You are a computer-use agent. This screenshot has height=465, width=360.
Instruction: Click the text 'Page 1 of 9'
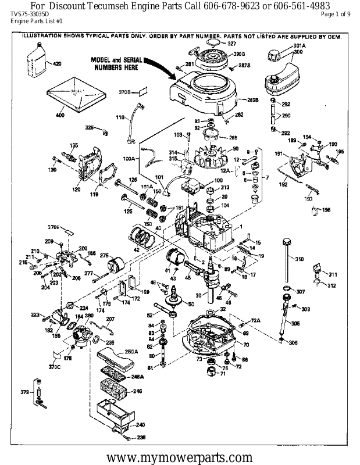(336, 14)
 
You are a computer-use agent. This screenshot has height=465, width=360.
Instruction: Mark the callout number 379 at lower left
(24, 393)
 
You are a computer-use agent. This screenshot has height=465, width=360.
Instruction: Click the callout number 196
(326, 210)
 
